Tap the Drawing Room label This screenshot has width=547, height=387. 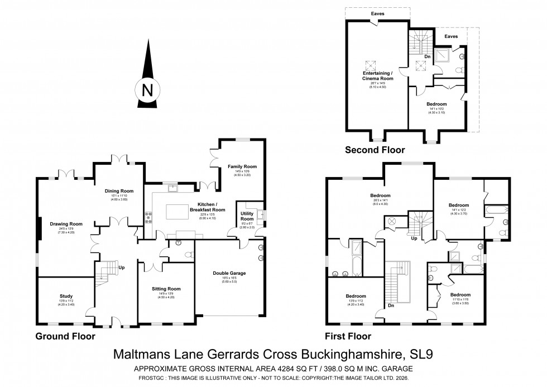pos(66,223)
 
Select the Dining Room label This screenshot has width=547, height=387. pos(119,191)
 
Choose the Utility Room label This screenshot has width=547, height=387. pos(247,216)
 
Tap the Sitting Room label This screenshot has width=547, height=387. pos(166,289)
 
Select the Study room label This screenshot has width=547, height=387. pos(66,296)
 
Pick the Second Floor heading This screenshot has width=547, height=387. pos(375,150)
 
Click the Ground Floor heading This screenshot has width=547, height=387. pos(65,336)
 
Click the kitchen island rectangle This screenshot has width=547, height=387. pos(176,211)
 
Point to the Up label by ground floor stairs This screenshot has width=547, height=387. pos(121,267)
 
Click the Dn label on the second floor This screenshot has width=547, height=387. pos(428,56)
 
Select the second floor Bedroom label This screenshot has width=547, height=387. pos(436,104)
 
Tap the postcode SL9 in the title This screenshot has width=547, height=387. pos(425,354)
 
